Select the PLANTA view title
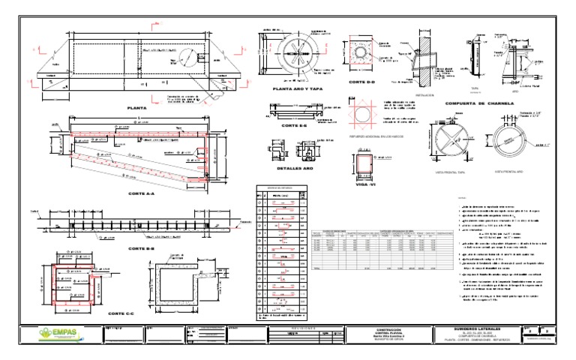pos(136,108)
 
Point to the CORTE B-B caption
pos(141,248)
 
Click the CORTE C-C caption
pos(121,313)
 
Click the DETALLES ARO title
pos(290,169)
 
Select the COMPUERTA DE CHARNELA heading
pos(477,103)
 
